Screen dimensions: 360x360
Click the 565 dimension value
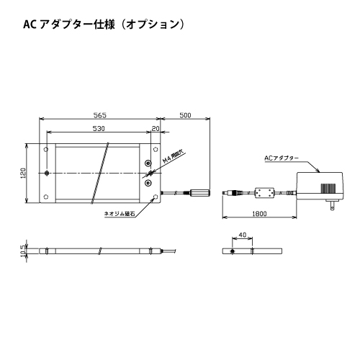click(100, 115)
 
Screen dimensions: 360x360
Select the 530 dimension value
click(99, 129)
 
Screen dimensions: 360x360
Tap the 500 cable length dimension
click(185, 115)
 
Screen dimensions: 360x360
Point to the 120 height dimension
click(23, 173)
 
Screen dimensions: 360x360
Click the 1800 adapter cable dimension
click(259, 214)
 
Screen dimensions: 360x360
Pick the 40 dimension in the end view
click(243, 235)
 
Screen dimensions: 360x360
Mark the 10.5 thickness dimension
click(23, 251)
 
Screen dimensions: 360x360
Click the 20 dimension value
click(156, 129)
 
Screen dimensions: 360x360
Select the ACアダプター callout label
click(282, 158)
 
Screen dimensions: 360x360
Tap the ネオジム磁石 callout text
click(120, 214)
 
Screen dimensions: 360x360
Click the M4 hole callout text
click(173, 157)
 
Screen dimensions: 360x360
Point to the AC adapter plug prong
click(332, 206)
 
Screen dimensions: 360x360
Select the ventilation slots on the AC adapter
click(328, 188)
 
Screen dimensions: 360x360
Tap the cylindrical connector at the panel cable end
click(200, 193)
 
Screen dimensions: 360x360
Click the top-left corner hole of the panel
click(46, 150)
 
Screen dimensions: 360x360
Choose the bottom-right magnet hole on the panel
click(156, 197)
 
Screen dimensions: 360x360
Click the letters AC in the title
click(30, 24)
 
